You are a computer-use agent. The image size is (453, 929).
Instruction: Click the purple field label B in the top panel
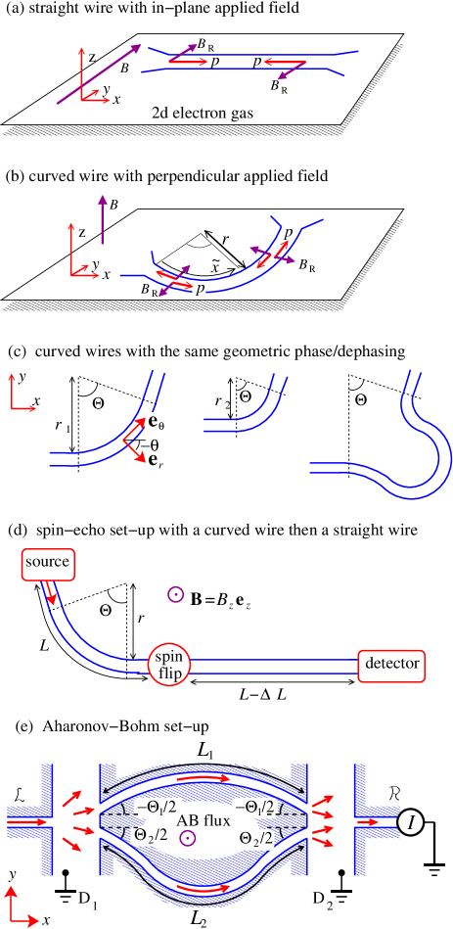[122, 69]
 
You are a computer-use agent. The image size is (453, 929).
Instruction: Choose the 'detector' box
[391, 664]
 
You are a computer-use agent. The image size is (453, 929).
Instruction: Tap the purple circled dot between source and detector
[175, 594]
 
